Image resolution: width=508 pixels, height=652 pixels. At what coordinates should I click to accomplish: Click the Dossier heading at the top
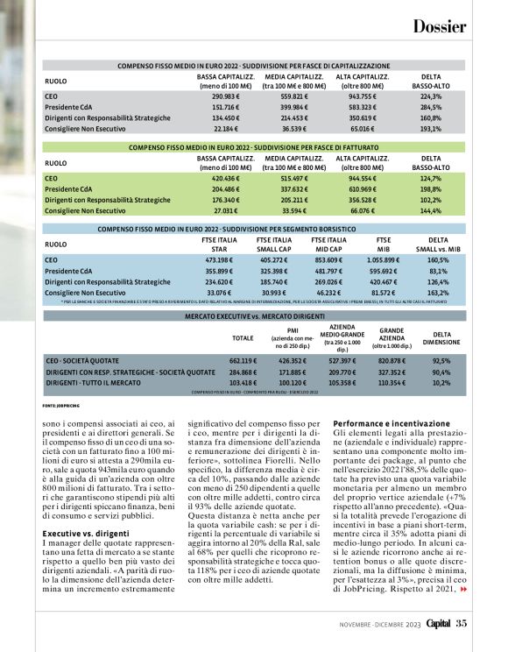tap(439, 26)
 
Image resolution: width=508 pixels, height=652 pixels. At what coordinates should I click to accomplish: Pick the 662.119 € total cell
tap(243, 360)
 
